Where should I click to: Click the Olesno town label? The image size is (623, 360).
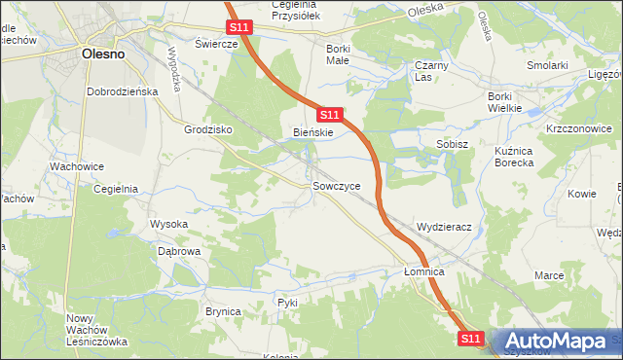pos(102,54)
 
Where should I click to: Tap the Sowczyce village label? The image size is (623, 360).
pos(337,185)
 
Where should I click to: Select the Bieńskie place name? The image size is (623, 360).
pos(313,132)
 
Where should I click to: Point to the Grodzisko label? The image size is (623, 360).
pos(205,128)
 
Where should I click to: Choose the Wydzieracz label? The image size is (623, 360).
pos(444,227)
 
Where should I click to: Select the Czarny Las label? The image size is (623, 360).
pos(429,71)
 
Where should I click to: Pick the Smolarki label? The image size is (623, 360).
pos(547,65)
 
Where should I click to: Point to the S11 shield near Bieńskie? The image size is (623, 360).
pos(329,114)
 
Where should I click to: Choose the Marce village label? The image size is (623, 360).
pos(549,275)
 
